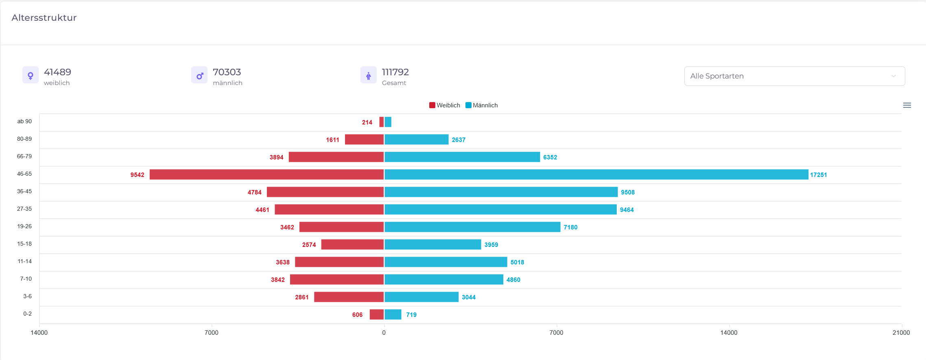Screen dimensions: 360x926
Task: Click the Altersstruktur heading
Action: tap(44, 18)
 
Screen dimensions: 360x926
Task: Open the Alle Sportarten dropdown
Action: tap(794, 76)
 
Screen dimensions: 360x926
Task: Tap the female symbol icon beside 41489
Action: tap(31, 75)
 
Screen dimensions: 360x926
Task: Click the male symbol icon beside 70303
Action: tap(199, 75)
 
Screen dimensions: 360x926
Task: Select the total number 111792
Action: tap(395, 72)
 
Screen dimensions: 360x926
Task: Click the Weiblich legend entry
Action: tap(445, 105)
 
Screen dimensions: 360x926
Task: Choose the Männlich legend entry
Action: tap(482, 105)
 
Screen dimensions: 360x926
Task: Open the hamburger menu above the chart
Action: tap(907, 105)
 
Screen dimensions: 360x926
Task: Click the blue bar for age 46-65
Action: tap(596, 175)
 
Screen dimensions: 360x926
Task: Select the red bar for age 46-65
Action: tap(266, 175)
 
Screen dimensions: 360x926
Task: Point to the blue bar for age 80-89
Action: tap(416, 140)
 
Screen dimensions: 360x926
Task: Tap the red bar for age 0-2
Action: tap(377, 314)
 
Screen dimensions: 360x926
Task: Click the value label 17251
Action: tap(818, 175)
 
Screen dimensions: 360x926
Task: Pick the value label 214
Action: tap(367, 122)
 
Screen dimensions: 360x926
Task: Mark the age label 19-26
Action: tap(24, 226)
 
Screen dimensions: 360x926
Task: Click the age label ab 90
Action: tap(24, 121)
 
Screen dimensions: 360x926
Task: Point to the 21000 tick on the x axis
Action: tap(901, 333)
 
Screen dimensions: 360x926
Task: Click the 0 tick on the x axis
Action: tap(384, 333)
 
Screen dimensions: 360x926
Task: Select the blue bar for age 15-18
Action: tap(432, 244)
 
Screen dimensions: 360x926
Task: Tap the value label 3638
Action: tap(282, 262)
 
